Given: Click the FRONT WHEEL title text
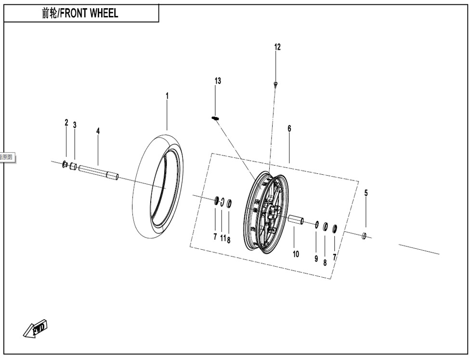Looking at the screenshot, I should [x=80, y=13].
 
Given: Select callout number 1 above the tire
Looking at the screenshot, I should [x=167, y=96].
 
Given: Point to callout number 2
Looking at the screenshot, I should [x=66, y=123].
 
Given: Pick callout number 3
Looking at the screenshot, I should [x=75, y=125].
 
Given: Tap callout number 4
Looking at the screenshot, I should [x=98, y=131].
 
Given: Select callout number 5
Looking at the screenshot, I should [x=366, y=193].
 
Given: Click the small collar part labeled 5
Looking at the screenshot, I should [x=365, y=236].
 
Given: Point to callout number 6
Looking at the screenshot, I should [x=289, y=129].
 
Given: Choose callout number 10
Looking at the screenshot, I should [x=296, y=254].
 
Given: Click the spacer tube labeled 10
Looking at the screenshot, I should [x=296, y=220].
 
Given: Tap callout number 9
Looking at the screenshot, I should [x=316, y=259].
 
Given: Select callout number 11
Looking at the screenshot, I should [x=223, y=238].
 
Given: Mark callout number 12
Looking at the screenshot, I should [x=277, y=47].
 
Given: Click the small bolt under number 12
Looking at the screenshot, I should [x=275, y=84].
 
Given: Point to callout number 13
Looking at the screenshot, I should [x=218, y=81].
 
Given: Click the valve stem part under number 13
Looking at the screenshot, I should [x=215, y=118].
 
